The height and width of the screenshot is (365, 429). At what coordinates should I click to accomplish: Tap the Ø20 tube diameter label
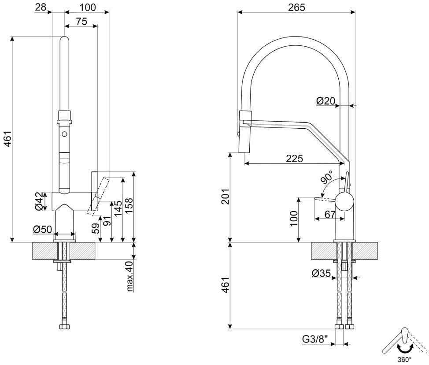[x=326, y=101]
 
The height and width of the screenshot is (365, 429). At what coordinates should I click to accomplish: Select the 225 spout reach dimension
[x=294, y=159]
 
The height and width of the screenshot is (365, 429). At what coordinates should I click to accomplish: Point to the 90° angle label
[x=327, y=179]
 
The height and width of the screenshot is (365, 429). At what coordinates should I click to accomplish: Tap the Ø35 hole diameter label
[x=321, y=273]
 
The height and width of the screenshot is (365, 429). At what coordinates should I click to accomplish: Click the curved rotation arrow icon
[x=403, y=348]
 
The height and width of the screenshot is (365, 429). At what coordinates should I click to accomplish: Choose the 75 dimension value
[x=81, y=22]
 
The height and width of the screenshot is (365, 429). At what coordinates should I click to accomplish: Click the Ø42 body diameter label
[x=40, y=201]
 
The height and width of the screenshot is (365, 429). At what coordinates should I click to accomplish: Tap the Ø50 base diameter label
[x=42, y=229]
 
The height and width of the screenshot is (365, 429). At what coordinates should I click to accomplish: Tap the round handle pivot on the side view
[x=344, y=202]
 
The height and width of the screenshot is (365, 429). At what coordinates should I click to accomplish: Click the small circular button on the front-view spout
[x=64, y=134]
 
